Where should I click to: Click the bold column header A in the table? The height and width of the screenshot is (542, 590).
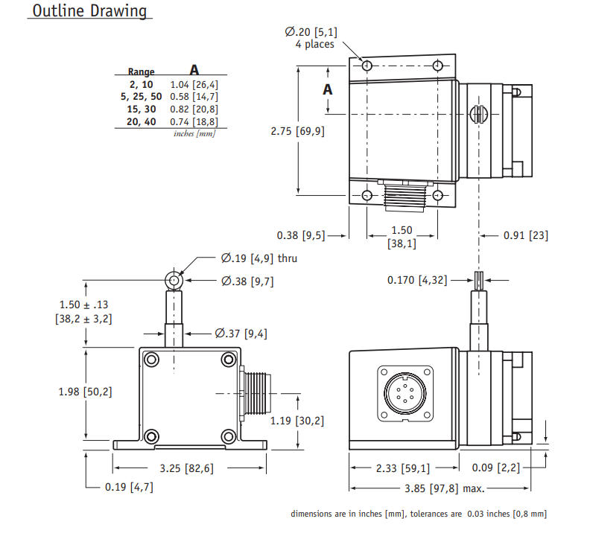194,70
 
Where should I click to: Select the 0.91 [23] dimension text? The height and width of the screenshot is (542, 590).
525,235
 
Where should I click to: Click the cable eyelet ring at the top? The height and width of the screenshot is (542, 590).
174,281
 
